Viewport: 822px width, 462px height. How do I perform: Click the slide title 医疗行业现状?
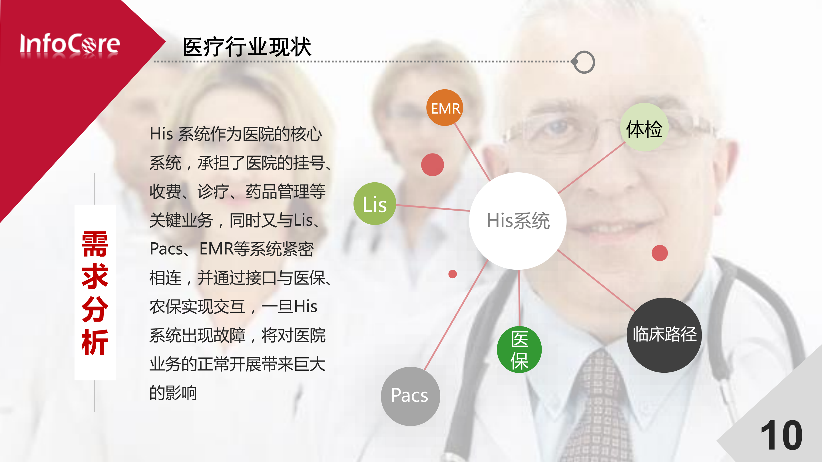click(247, 47)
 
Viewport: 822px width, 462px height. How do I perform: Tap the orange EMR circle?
click(445, 108)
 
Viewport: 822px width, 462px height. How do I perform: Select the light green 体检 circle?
click(644, 128)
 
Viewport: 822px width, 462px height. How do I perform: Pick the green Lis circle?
click(375, 204)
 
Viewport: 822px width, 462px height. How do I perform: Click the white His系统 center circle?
click(518, 221)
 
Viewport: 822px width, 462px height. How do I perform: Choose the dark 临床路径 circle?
click(664, 335)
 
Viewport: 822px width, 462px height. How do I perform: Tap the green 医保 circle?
click(519, 350)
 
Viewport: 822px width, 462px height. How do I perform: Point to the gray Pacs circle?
click(410, 396)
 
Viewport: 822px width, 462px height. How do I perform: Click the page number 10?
click(781, 435)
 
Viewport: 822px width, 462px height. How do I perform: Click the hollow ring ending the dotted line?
click(584, 62)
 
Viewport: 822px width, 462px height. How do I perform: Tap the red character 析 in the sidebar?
click(95, 342)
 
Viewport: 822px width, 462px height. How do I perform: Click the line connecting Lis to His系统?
click(433, 207)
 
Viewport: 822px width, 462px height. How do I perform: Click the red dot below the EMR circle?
click(432, 165)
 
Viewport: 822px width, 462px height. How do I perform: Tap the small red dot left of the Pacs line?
click(453, 274)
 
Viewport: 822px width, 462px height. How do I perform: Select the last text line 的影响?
click(173, 393)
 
